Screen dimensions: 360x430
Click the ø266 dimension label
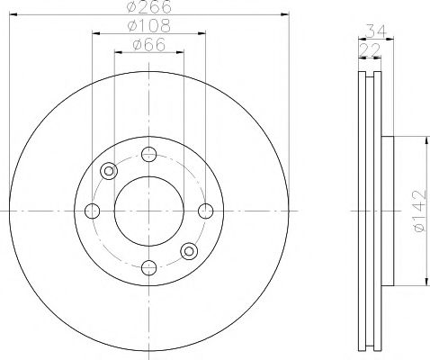tap(148, 8)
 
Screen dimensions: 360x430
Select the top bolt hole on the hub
tap(148, 153)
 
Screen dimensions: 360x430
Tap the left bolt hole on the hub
tap(92, 211)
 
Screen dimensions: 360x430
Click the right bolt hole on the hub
tap(206, 211)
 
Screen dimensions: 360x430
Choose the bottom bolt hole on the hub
tap(148, 267)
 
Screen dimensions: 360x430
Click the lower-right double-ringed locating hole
tap(188, 251)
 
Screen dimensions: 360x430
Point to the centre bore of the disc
tap(148, 211)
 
